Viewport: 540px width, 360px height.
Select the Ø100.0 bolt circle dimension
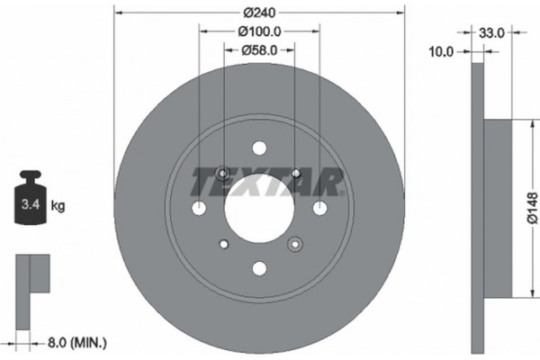(259, 31)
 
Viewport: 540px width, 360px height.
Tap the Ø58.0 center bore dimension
(259, 50)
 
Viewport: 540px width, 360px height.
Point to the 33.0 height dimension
(493, 31)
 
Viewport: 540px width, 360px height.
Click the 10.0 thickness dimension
(441, 52)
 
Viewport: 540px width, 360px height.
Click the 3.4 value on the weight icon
(30, 206)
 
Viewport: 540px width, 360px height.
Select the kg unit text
(58, 206)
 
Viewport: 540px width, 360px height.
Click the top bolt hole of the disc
(259, 148)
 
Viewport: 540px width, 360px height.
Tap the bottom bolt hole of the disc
(259, 267)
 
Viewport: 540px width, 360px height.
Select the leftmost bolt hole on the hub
(200, 208)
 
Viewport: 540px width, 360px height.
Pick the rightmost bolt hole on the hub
(319, 208)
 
